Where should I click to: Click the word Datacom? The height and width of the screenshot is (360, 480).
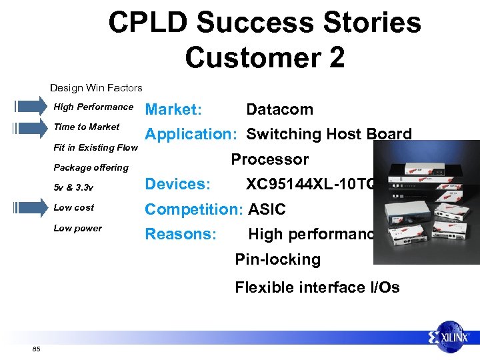tap(279, 109)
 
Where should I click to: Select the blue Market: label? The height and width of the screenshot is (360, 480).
tap(174, 109)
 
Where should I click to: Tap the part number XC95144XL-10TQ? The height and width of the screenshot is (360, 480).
tap(310, 184)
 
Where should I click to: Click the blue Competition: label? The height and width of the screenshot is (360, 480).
tap(195, 209)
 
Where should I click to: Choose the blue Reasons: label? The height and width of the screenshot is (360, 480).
tap(181, 234)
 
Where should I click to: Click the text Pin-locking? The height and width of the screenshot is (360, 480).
tap(277, 259)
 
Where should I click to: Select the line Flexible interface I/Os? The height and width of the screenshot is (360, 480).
tap(317, 287)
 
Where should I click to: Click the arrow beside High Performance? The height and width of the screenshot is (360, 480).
tap(27, 107)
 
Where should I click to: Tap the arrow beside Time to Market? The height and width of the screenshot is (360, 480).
tap(27, 127)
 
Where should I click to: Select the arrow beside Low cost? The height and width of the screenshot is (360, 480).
tap(27, 208)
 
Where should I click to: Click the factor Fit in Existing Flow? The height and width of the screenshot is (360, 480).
tap(95, 147)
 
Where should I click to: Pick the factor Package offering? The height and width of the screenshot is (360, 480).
tap(91, 167)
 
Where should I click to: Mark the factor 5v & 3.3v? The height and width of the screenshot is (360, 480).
tap(73, 187)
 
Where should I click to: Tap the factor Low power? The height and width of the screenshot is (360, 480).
tap(77, 228)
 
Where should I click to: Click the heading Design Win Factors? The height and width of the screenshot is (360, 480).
tap(96, 87)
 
